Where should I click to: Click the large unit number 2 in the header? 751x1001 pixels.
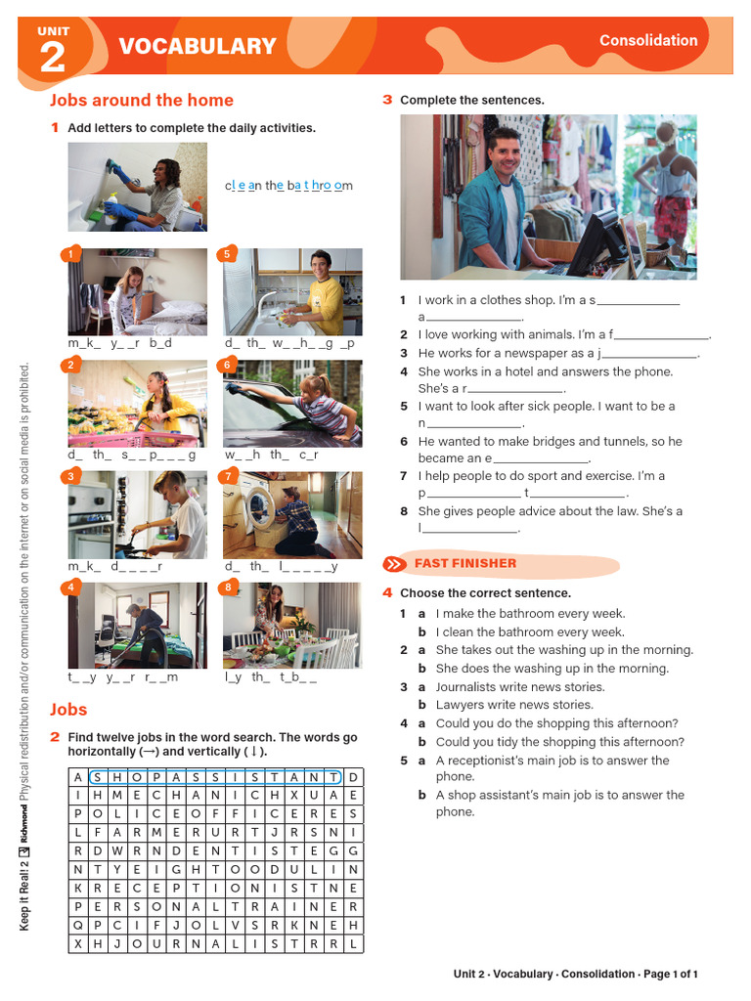[x=52, y=58]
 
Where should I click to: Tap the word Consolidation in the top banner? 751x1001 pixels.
[x=648, y=40]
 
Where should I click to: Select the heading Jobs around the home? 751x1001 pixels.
[x=141, y=100]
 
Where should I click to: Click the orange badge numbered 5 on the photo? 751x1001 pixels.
[x=227, y=254]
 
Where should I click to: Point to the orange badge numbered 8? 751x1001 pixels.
[x=227, y=588]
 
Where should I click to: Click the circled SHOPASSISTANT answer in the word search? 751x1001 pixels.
[x=215, y=777]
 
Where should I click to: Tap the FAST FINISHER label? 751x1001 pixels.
[x=464, y=563]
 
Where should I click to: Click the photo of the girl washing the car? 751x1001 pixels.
[x=292, y=403]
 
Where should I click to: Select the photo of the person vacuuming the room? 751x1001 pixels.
[x=137, y=626]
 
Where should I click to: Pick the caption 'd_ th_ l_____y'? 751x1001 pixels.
[x=281, y=566]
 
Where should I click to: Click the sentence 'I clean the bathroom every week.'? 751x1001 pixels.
[x=529, y=631]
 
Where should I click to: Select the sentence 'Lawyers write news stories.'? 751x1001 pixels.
[x=513, y=705]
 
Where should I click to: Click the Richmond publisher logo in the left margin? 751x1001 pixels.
[x=24, y=829]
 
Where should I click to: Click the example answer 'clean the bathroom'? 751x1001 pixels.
[x=288, y=186]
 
